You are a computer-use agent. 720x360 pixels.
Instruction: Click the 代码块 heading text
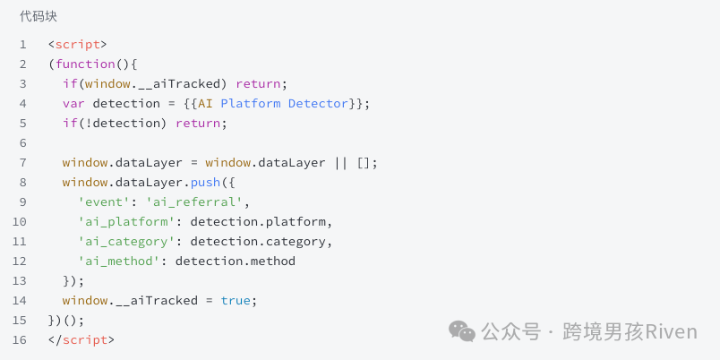[x=39, y=17]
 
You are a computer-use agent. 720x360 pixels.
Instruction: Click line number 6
[x=23, y=143]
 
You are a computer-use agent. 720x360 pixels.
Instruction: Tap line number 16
[x=20, y=340]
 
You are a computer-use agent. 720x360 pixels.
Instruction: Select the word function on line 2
[x=85, y=64]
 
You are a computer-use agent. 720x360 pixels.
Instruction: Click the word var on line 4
[x=73, y=104]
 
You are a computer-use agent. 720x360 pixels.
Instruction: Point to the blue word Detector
[x=318, y=103]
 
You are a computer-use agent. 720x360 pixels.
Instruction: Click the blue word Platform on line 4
[x=251, y=103]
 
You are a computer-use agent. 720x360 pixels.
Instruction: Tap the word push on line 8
[x=206, y=183]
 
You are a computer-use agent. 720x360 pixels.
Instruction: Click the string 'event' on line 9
[x=104, y=202]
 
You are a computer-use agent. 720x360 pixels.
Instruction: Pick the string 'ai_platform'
[x=127, y=222]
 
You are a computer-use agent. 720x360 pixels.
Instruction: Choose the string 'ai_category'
[x=127, y=242]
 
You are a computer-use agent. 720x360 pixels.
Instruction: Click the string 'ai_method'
[x=119, y=261]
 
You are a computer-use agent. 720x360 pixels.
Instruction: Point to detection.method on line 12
[x=236, y=261]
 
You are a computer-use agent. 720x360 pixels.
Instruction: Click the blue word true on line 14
[x=236, y=301]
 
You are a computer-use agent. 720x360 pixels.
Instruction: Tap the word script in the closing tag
[x=85, y=340]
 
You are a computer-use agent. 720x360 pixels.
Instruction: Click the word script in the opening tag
[x=78, y=45]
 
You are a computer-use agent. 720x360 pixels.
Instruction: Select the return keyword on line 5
[x=198, y=124]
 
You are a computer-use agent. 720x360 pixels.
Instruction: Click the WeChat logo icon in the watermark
[x=462, y=331]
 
